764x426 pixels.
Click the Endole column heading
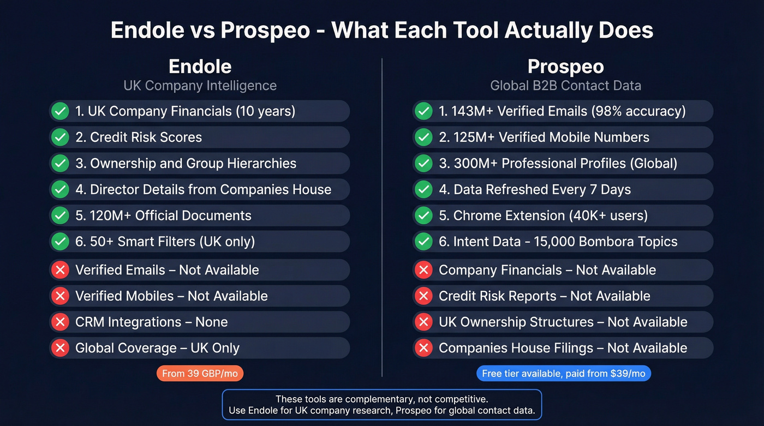tap(200, 67)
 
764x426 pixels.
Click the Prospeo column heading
tap(565, 67)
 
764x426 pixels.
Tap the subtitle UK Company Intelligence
tap(200, 86)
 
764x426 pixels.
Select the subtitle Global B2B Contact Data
tap(565, 86)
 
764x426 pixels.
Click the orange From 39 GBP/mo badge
tap(200, 374)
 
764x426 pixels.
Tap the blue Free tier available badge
tap(563, 374)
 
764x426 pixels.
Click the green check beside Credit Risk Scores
tap(60, 137)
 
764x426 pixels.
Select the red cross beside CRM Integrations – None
tap(60, 322)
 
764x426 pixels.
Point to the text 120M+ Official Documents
tap(163, 215)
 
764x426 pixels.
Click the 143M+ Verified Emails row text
tap(562, 111)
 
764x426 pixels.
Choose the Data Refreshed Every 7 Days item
tap(535, 190)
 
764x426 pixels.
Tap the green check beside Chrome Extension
tap(423, 215)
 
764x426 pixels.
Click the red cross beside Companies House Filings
tap(423, 348)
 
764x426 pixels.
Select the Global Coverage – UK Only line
tap(157, 348)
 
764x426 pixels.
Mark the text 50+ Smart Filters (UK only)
tap(165, 242)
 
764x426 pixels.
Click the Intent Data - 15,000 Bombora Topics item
tap(558, 242)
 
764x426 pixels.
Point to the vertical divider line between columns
tap(382, 218)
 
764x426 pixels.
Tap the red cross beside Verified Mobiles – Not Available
tap(60, 296)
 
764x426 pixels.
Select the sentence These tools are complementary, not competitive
tap(381, 399)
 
